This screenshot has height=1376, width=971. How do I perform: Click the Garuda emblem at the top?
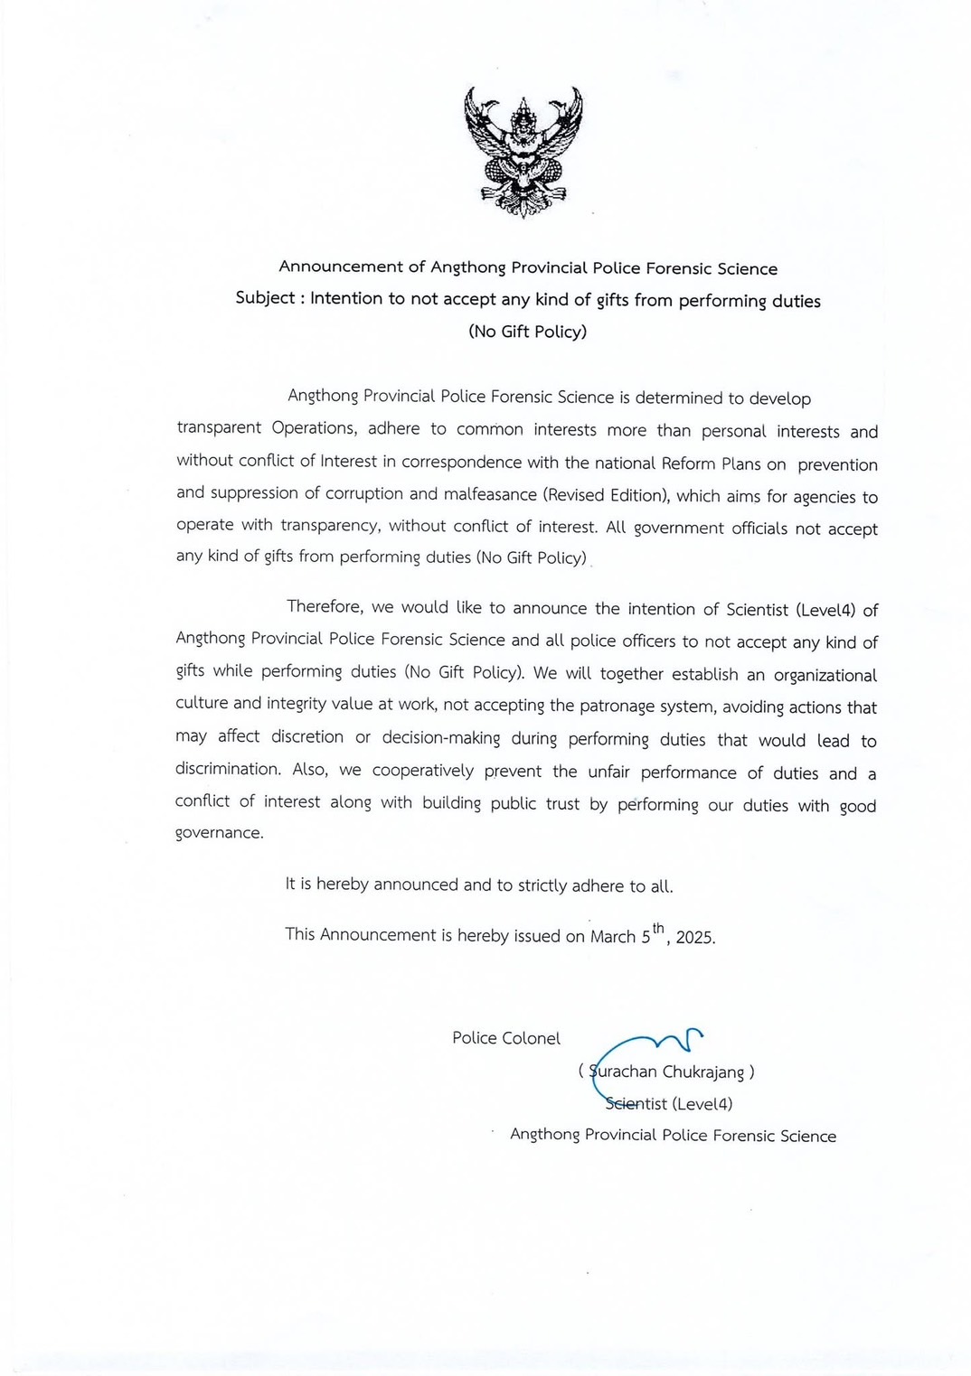[x=523, y=151]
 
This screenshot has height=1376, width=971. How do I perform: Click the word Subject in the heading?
[x=265, y=298]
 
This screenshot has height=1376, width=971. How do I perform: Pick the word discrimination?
[x=227, y=770]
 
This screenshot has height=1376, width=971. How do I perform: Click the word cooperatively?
[x=422, y=771]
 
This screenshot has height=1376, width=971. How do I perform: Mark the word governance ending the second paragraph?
[x=218, y=833]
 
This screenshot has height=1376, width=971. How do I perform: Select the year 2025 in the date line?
[x=694, y=937]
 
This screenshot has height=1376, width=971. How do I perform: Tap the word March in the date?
[x=613, y=937]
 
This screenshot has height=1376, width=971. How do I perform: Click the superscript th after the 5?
[x=658, y=928]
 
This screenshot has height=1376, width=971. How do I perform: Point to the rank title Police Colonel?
[x=506, y=1038]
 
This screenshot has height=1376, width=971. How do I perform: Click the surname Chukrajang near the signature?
[x=702, y=1072]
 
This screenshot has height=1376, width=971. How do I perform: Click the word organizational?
[x=825, y=676]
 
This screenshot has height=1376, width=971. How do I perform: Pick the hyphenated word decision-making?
[x=440, y=738]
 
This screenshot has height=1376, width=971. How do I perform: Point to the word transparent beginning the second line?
[x=219, y=428]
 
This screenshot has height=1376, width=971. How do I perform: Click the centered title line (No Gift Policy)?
[x=527, y=332]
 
